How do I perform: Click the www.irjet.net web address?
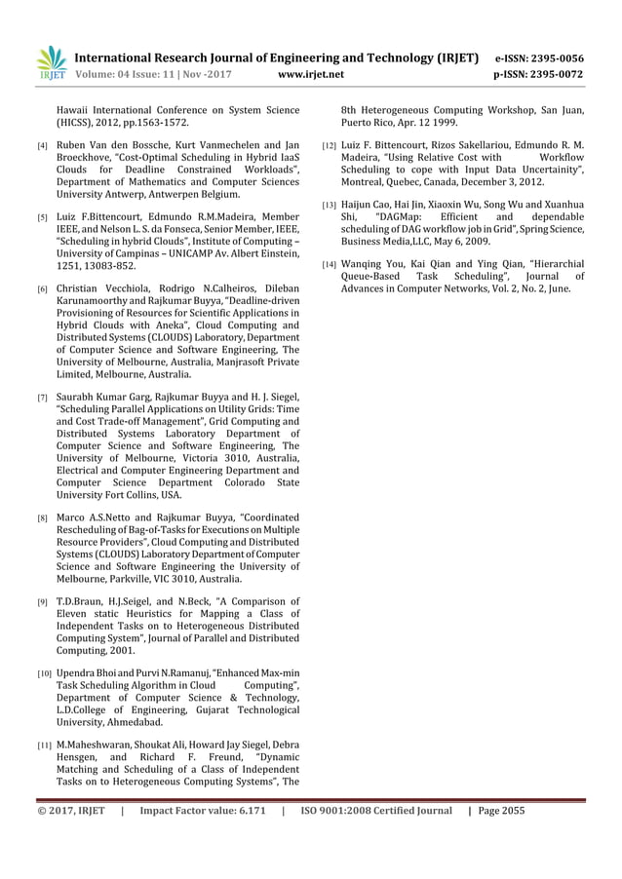(311, 73)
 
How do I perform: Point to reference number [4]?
(41, 145)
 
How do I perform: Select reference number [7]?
(41, 399)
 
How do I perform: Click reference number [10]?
(44, 673)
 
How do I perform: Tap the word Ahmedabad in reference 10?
(133, 723)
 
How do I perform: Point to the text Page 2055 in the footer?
(504, 810)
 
